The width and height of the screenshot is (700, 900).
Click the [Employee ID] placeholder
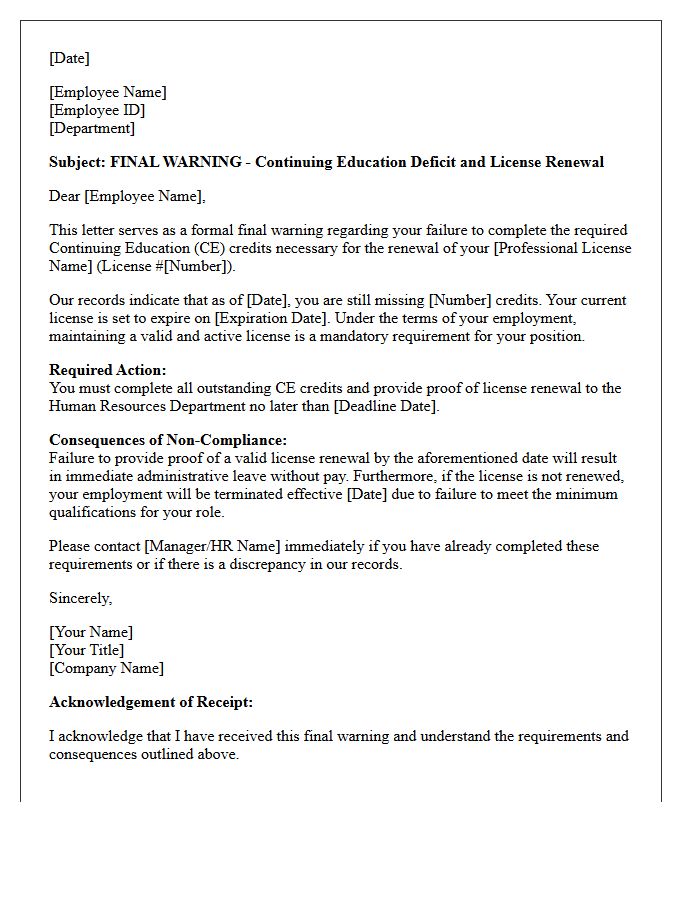pos(97,110)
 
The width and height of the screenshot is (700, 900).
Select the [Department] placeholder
pos(92,128)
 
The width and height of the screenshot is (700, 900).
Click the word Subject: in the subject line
pos(77,162)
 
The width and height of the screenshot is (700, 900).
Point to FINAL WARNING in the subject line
pos(176,162)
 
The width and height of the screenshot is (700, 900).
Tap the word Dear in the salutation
pos(65,196)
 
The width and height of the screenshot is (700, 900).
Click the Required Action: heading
pos(108,370)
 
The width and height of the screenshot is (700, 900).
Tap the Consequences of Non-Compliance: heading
pos(168,440)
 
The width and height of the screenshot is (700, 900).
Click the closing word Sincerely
pos(81,598)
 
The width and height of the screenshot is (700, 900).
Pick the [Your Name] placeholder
pos(91,632)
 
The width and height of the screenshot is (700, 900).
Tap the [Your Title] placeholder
pos(87,650)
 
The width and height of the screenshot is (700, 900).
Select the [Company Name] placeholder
pos(107,668)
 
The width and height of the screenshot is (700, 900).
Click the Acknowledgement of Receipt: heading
pos(151,702)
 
